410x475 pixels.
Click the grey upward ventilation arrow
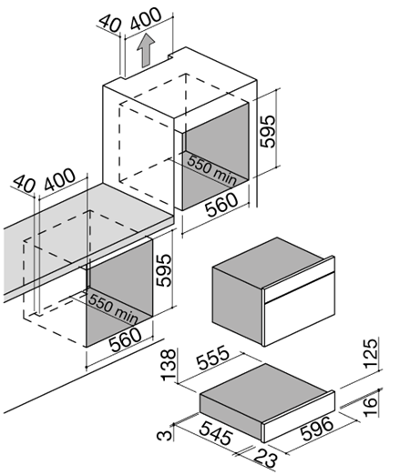pos(146,51)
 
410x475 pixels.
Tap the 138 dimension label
pos(169,365)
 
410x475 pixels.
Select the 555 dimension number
pos(213,358)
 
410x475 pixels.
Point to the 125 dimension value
pos(371,353)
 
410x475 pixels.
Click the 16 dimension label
pos(370,406)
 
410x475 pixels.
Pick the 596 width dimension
pos(317,429)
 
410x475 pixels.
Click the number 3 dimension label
pos(164,435)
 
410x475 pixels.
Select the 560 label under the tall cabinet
pos(221,205)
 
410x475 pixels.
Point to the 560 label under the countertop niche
pos(126,339)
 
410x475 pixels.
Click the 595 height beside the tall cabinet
pos(268,131)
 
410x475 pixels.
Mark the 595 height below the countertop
pos(164,270)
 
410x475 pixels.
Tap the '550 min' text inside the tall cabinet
pos(211,170)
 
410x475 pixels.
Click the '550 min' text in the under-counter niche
pos(113,308)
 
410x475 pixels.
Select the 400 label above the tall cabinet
pos(146,18)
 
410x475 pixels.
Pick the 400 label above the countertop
pos(59,179)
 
